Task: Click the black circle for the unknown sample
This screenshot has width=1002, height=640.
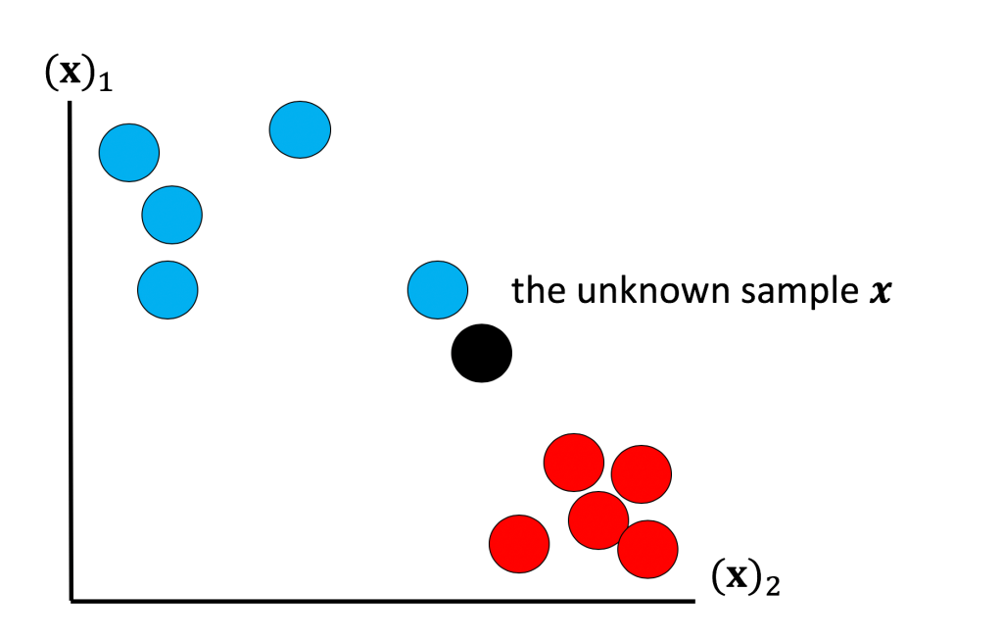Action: (481, 353)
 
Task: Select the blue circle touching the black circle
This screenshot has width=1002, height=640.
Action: (437, 289)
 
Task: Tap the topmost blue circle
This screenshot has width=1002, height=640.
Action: (300, 129)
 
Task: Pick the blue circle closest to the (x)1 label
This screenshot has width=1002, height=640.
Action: (129, 152)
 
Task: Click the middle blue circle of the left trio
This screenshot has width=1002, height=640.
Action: (171, 214)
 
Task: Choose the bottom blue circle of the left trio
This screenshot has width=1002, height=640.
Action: (167, 289)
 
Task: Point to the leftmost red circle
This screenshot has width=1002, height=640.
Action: (519, 543)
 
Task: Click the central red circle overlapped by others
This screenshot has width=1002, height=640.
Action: (597, 520)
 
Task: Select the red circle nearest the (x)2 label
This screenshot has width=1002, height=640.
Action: (647, 549)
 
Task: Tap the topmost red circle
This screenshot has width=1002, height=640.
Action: (573, 462)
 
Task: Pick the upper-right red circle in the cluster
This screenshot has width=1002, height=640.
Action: (642, 473)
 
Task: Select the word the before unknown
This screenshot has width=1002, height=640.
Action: (536, 291)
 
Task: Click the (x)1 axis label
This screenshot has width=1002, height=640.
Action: (78, 74)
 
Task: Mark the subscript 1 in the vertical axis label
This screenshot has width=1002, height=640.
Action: (106, 84)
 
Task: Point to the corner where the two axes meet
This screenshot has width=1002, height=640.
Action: (72, 599)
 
